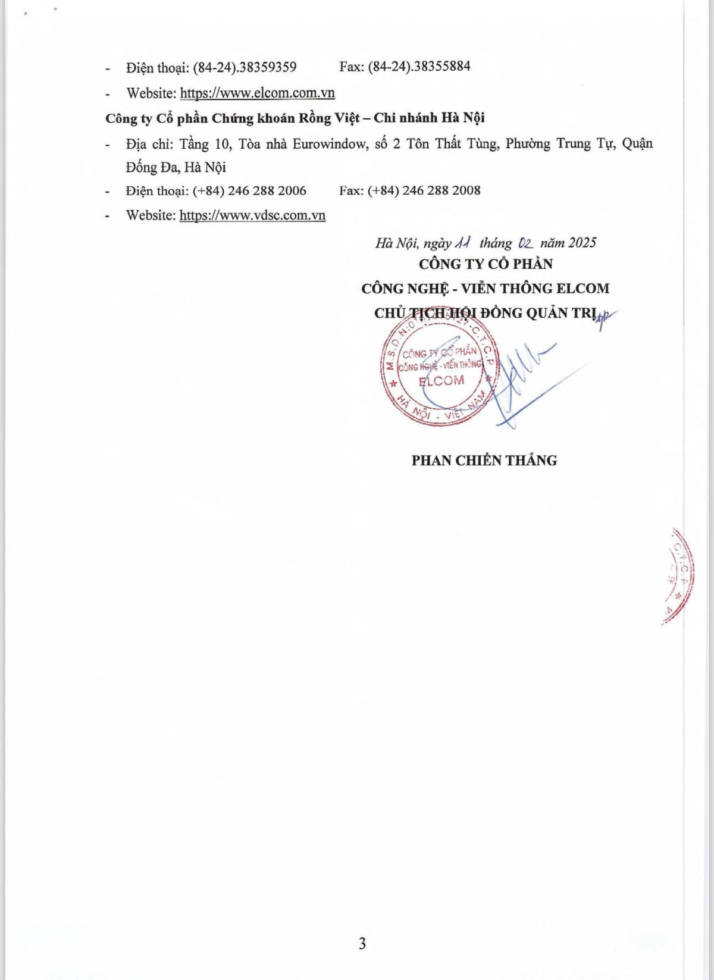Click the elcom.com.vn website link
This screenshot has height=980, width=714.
coord(257,93)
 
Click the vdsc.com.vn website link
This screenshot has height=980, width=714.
coord(252,215)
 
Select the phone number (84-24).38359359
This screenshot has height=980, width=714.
coord(245,67)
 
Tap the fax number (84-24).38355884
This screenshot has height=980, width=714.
coord(419,66)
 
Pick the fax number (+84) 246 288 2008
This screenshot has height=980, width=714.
coord(424,190)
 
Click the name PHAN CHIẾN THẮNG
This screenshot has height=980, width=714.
coord(484,460)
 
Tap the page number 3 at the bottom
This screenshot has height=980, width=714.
coord(362,944)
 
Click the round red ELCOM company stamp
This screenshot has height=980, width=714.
coord(440,374)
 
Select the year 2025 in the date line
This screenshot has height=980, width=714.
coord(582,243)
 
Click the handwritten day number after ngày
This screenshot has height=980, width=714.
coord(462,243)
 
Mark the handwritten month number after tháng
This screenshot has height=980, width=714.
coord(525,243)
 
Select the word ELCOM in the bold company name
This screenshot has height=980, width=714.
coord(583,289)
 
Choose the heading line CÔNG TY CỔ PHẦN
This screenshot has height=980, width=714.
coord(486,264)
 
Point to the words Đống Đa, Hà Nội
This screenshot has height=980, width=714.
coord(176,167)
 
